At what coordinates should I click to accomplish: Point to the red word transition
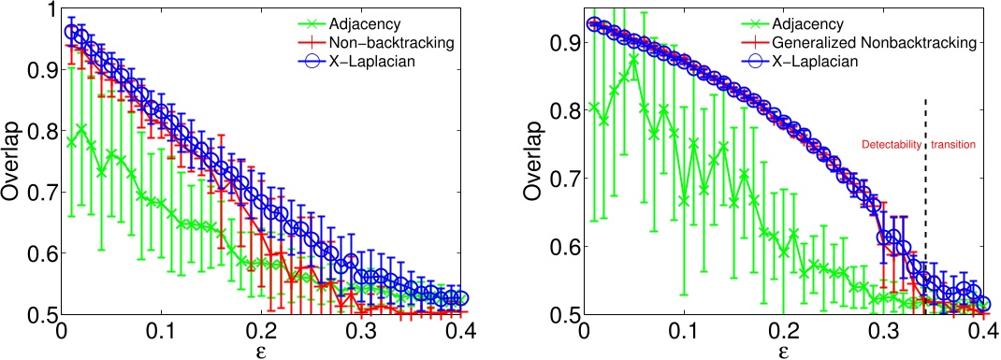(x=952, y=145)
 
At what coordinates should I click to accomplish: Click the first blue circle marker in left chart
(x=70, y=32)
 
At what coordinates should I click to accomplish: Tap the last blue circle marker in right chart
(x=982, y=305)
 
